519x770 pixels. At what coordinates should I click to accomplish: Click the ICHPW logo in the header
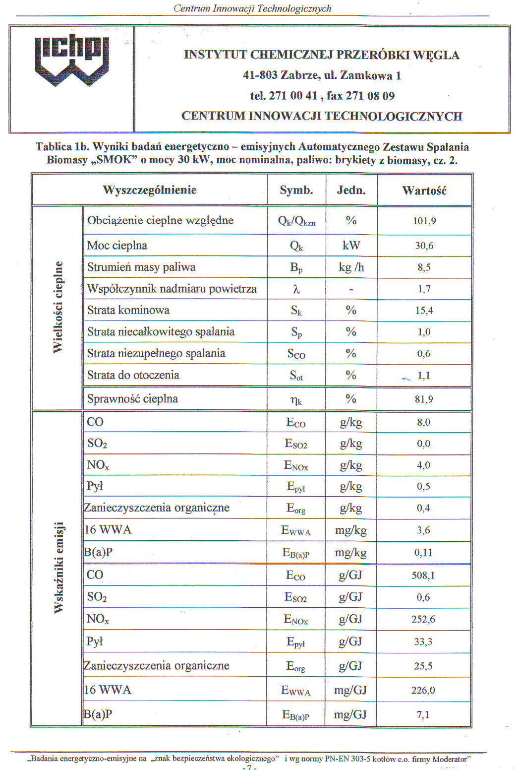coord(72,61)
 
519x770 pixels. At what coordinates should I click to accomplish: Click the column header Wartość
coord(424,191)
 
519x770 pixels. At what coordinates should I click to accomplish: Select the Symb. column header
coord(296,191)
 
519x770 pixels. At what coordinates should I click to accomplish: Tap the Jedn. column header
coord(351,191)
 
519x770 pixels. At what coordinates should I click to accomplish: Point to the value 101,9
coord(424,221)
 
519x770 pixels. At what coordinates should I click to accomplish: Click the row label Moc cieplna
coord(117,246)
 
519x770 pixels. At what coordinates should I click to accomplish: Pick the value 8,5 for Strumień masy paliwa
coord(424,267)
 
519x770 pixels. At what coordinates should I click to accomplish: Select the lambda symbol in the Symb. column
coord(296,289)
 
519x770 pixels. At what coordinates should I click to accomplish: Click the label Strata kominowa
coord(128,311)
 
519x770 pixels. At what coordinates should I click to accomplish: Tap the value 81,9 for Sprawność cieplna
coord(424,399)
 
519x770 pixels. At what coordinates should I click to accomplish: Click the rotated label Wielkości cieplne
coord(58,307)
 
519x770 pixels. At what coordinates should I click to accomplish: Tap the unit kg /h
coord(351,267)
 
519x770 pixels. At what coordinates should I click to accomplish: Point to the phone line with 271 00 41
coord(322,96)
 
